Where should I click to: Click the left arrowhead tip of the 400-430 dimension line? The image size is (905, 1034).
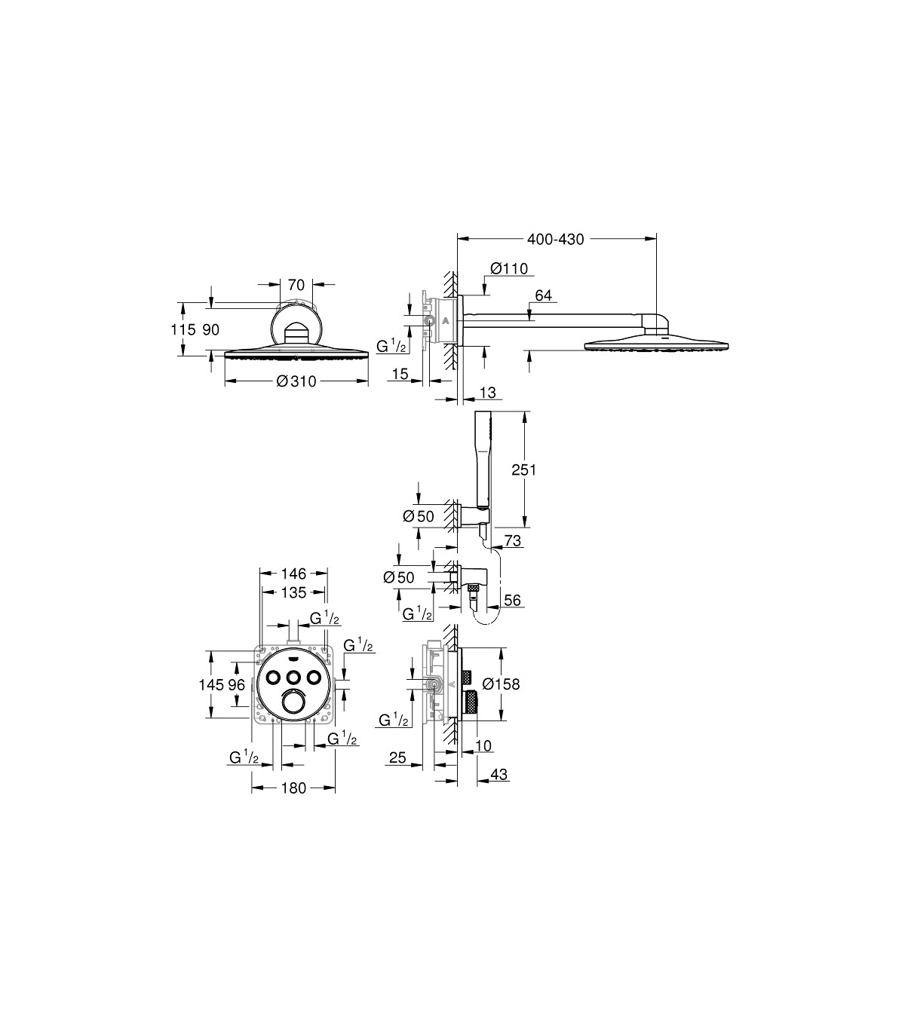458,239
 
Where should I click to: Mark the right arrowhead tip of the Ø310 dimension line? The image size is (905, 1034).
368,381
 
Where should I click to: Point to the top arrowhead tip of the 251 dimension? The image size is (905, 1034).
524,411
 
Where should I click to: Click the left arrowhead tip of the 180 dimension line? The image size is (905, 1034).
252,788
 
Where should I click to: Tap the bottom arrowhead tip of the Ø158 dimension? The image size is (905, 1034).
501,720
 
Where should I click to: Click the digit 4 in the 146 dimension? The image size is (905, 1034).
293,574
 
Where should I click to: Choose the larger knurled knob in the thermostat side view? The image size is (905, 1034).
471,702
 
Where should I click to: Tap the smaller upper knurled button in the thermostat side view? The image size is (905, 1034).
467,676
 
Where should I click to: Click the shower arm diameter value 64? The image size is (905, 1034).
543,295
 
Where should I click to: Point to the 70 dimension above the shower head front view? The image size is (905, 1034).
296,285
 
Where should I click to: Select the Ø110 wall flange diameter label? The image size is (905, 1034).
510,268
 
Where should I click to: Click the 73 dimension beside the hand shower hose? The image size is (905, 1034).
512,541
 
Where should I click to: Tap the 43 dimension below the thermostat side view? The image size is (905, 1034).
499,774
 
